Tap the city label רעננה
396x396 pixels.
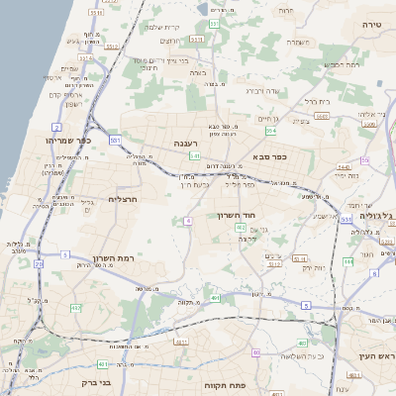point(187,144)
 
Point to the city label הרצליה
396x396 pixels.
point(121,199)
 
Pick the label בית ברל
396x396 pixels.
point(316,101)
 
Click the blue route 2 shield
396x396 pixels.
point(57,128)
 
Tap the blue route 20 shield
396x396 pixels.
point(39,264)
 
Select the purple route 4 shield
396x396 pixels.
point(187,221)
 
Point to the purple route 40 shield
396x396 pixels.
point(255,352)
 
